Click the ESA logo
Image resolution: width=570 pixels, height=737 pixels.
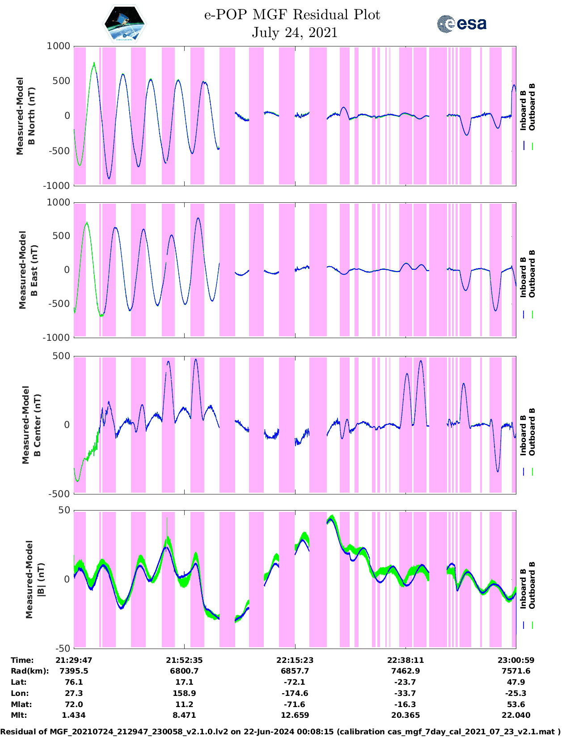[x=461, y=24]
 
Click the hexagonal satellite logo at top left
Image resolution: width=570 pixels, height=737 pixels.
[x=125, y=24]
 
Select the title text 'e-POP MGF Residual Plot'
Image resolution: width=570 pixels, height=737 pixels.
[x=292, y=15]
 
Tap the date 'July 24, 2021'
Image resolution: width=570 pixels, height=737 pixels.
[x=295, y=33]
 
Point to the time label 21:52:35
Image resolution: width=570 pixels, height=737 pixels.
[x=184, y=660]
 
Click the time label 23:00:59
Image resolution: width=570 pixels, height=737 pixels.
[x=516, y=660]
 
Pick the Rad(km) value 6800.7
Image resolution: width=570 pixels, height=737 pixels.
[x=184, y=671]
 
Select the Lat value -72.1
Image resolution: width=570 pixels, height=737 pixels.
[x=295, y=682]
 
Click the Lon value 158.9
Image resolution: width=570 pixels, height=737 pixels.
[x=184, y=693]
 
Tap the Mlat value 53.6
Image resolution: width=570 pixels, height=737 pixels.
[x=516, y=704]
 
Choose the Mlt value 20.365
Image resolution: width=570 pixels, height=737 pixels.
[x=405, y=715]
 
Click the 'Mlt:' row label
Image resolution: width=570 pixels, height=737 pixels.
[x=19, y=715]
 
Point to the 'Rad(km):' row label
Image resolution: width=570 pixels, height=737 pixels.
[x=30, y=671]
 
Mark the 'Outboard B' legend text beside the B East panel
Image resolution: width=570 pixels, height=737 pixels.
[x=532, y=274]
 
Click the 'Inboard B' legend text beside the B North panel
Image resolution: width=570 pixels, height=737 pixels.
[x=523, y=110]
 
